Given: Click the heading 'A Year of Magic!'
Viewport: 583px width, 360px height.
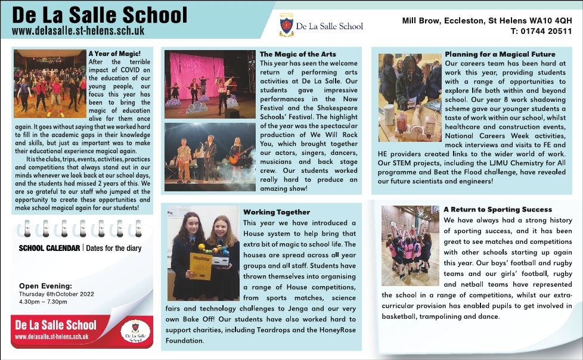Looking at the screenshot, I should point(114,54).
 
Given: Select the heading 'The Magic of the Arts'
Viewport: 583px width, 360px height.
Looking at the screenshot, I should point(297,54).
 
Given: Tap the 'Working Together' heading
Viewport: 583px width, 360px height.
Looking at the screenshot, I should point(277,212).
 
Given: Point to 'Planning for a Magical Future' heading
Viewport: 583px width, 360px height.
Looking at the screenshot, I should point(500,54).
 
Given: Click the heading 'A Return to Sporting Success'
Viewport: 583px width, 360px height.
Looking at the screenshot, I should point(498,209).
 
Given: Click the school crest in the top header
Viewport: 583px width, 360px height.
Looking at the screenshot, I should point(287,25).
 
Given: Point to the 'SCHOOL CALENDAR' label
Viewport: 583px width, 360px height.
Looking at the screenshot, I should point(50,248).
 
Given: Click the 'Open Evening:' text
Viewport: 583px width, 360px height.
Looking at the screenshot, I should point(45,285).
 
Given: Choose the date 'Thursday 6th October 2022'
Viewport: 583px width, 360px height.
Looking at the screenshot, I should point(56,294).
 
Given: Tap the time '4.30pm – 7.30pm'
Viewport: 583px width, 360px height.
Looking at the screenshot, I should point(43,302).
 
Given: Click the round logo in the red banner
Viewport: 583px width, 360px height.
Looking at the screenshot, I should point(135,331).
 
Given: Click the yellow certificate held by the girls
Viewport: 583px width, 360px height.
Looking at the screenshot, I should point(200,266).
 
